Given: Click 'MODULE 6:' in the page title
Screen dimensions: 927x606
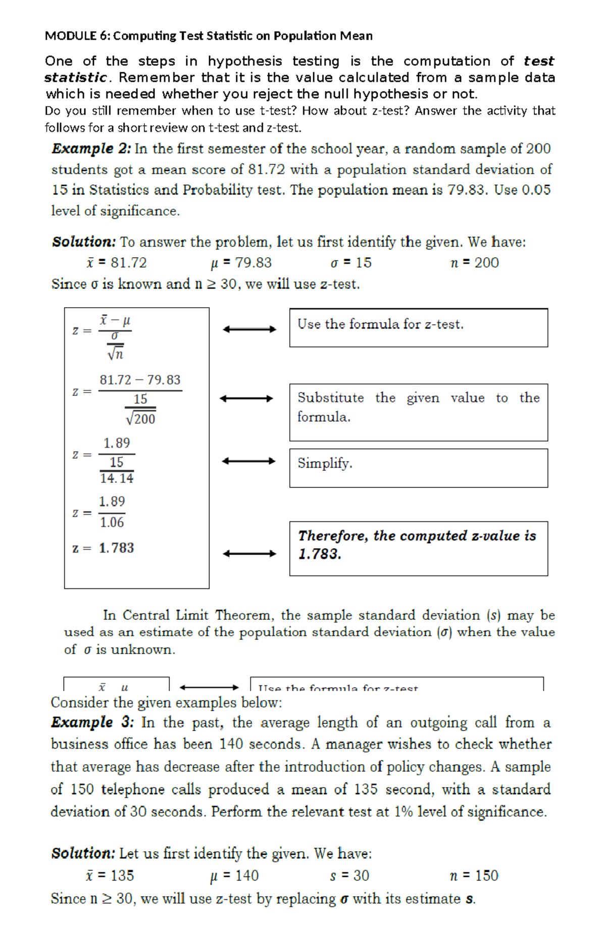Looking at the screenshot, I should pos(77,36).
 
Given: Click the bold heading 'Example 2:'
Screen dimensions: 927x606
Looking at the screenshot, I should pos(91,149).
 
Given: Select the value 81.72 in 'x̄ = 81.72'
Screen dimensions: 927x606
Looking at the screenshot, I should pos(128,263).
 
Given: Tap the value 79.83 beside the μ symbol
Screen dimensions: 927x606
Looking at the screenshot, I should pos(254,263).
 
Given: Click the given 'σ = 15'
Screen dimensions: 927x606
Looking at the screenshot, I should pos(351,263).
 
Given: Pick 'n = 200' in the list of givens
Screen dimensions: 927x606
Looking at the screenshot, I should pos(474,263).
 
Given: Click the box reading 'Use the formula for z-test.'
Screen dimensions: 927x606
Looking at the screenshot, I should pos(418,327).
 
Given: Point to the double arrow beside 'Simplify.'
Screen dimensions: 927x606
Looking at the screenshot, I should pos(248,461).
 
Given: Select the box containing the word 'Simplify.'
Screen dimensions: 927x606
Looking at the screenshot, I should pos(418,468).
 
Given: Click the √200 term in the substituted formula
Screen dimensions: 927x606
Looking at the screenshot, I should pos(141,418).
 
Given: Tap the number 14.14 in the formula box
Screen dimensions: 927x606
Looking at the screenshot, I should pos(117,478).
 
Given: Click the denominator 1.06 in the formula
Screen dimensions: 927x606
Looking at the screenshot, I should pos(112,522).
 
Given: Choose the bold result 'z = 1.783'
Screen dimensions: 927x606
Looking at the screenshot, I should pos(104,548).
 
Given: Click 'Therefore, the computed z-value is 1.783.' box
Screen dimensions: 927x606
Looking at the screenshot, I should pos(418,548).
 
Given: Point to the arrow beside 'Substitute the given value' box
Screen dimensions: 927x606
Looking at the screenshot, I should pos(246,399).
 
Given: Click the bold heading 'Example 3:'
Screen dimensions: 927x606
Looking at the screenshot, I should pos(92,722).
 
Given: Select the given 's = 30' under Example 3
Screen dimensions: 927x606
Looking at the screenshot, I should pos(349,875).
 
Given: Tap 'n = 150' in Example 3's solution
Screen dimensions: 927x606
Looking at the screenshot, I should pos(474,875).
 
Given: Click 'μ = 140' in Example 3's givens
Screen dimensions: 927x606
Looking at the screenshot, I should pos(234,875).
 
